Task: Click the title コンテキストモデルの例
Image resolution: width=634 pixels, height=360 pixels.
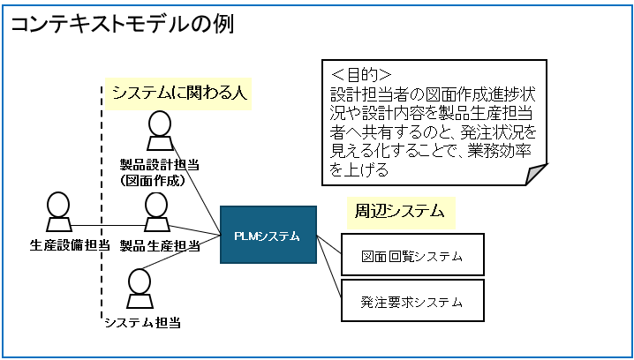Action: pos(121,26)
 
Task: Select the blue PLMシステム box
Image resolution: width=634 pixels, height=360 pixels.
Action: pos(268,235)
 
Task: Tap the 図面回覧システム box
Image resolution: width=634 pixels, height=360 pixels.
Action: pos(412,254)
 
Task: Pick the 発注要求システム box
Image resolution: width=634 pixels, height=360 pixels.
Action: pos(412,301)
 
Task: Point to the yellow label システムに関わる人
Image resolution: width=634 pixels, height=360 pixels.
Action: pos(178,94)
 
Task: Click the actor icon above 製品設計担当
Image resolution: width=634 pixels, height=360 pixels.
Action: pos(160,131)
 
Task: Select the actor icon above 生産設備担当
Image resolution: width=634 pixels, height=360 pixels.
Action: pos(58,211)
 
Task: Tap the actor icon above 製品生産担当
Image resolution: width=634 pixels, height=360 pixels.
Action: pos(156,212)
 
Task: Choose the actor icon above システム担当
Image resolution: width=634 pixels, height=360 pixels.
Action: pos(140,289)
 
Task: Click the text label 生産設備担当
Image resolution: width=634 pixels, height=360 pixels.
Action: pos(70,245)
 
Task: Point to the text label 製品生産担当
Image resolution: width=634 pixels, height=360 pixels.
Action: pos(160,245)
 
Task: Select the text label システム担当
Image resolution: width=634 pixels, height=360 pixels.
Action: pos(142,322)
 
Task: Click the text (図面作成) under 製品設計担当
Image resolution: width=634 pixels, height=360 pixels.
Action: pos(153,181)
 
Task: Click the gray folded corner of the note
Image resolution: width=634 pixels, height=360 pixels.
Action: pos(537,174)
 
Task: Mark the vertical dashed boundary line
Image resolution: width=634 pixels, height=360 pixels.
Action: pos(101,202)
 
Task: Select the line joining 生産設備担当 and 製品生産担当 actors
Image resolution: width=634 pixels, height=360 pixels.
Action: pos(109,225)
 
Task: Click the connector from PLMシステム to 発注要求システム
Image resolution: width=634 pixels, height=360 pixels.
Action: pos(329,266)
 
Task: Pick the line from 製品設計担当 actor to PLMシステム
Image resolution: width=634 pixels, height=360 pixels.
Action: pos(196,187)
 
